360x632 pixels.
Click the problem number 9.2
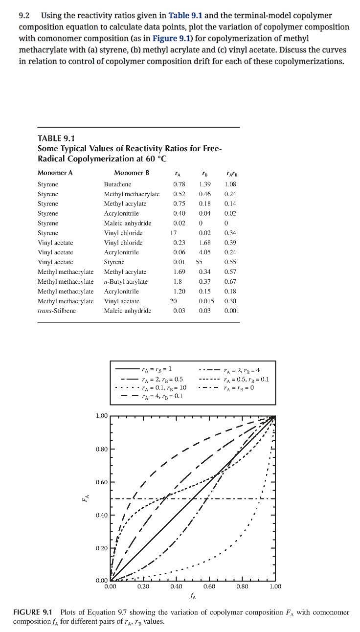(x=24, y=16)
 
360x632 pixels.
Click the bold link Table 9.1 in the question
(x=185, y=16)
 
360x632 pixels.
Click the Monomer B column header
(x=131, y=173)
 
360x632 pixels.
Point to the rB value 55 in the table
(x=199, y=262)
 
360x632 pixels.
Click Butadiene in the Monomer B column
(x=117, y=184)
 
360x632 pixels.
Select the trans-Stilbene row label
(x=57, y=311)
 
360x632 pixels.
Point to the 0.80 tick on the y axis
(x=102, y=449)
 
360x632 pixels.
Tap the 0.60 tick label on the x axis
(x=209, y=586)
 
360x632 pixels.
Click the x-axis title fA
(x=193, y=596)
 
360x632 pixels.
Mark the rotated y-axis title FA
(x=86, y=498)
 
